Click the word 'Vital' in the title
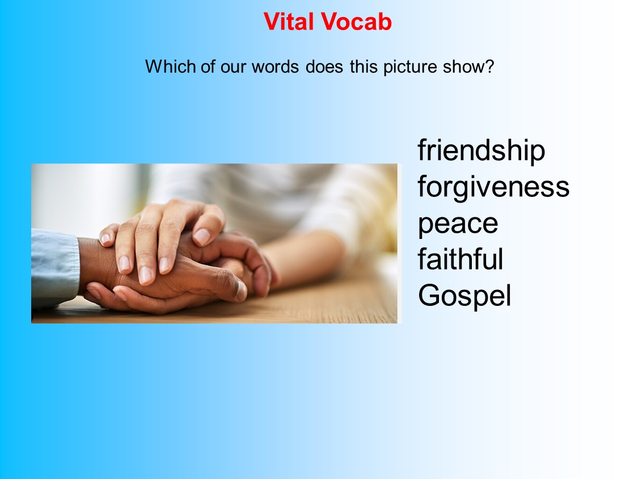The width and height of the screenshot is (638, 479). coord(289,22)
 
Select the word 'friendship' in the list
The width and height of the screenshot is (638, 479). coord(481,151)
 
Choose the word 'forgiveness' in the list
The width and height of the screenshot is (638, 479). coord(493,187)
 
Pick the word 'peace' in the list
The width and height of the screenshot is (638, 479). coord(458,224)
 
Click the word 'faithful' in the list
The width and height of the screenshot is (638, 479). coord(460,259)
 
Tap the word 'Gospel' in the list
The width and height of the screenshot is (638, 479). coord(464,296)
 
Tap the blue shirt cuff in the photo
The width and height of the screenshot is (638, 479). coord(54,267)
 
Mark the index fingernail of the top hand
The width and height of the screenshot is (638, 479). coord(201,236)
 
